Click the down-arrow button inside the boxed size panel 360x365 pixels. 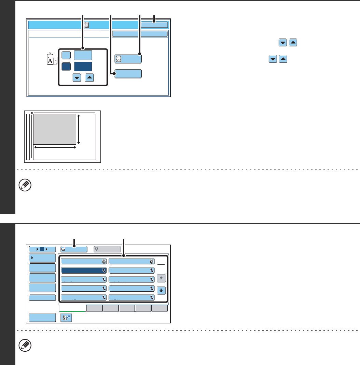coord(77,78)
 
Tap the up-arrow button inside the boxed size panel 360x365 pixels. coord(89,78)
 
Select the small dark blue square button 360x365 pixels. coord(66,66)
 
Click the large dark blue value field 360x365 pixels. coord(83,66)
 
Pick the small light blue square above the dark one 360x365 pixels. coord(66,55)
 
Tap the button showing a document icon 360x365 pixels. coord(128,59)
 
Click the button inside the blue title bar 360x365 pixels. coord(154,25)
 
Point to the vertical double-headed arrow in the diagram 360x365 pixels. coord(79,129)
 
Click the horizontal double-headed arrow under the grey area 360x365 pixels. coord(55,147)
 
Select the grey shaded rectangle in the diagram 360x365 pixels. coord(54,129)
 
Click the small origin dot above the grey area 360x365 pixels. coord(31,112)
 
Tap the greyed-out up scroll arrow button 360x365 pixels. coord(161,279)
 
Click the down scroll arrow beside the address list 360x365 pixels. coord(161,291)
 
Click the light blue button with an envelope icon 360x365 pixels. coord(74,249)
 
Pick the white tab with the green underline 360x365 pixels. coord(72,308)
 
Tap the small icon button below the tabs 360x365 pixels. coord(66,318)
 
